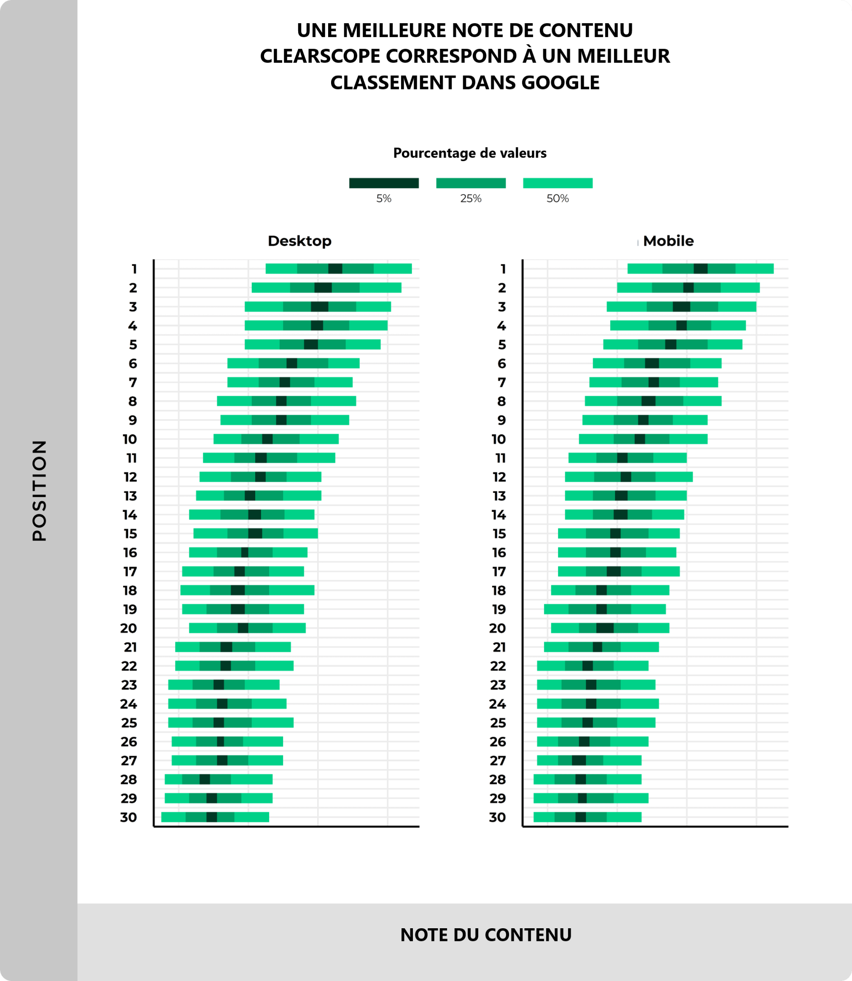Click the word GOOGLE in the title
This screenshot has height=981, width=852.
[560, 83]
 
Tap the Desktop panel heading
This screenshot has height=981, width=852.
[299, 241]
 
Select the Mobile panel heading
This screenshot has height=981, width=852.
[668, 241]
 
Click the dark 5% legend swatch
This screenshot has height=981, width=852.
[384, 183]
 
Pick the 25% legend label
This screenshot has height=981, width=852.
[471, 199]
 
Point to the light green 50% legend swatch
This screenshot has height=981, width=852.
[558, 183]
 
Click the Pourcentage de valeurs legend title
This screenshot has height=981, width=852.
[470, 153]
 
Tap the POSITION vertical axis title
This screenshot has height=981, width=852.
[40, 490]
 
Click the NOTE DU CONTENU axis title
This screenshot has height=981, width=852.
[485, 935]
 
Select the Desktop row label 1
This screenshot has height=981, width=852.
[134, 269]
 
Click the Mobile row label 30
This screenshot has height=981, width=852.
[497, 817]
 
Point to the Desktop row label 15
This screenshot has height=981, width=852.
[130, 533]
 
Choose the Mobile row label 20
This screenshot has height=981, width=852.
[497, 628]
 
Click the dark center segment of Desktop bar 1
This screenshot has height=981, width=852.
[335, 269]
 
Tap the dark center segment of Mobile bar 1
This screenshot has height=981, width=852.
[700, 269]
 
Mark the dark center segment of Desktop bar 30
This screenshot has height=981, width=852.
[212, 817]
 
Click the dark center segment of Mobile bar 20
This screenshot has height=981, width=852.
[605, 628]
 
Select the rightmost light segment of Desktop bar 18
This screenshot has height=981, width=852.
[291, 590]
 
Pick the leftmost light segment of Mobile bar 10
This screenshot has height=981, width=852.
[596, 439]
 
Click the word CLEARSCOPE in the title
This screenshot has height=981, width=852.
[320, 56]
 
